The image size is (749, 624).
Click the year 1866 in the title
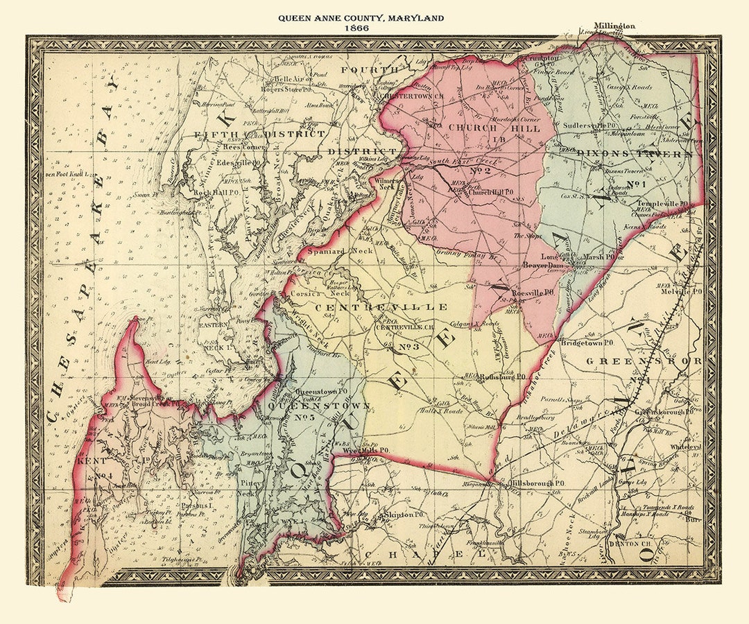click(x=359, y=28)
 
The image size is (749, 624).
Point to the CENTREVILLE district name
click(x=381, y=306)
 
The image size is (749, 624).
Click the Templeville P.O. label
click(x=662, y=204)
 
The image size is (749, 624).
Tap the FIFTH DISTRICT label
click(x=260, y=133)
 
